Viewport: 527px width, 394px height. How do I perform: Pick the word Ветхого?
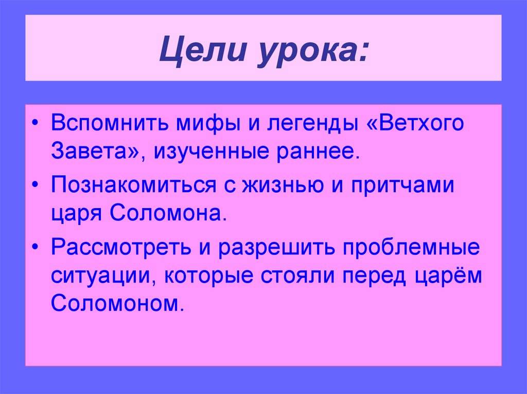pyautogui.click(x=419, y=124)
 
